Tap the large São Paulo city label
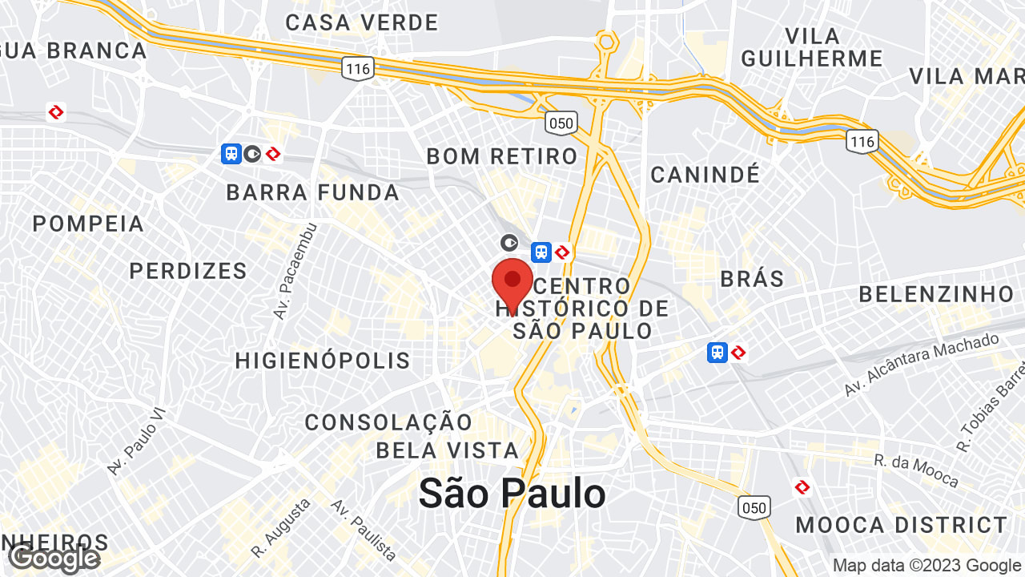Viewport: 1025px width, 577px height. pyautogui.click(x=512, y=493)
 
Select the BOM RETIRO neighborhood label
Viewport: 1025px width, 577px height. pyautogui.click(x=502, y=156)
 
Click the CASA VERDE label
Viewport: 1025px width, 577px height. pyautogui.click(x=362, y=22)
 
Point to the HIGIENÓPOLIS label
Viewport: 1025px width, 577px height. pyautogui.click(x=323, y=361)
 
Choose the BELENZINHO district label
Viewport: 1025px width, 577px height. pyautogui.click(x=937, y=294)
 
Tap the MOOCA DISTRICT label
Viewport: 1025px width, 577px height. pyautogui.click(x=902, y=526)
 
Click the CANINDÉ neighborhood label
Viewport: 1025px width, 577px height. pyautogui.click(x=705, y=175)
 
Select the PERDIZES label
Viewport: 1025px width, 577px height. pyautogui.click(x=188, y=271)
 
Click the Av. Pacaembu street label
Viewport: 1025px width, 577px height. pyautogui.click(x=295, y=272)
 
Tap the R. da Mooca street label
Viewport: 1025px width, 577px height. pyautogui.click(x=916, y=471)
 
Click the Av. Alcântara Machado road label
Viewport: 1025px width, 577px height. pyautogui.click(x=921, y=365)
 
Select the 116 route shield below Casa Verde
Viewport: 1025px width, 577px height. pyautogui.click(x=358, y=68)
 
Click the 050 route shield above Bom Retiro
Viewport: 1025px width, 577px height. pyautogui.click(x=561, y=123)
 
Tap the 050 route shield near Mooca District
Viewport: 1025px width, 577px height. pyautogui.click(x=754, y=507)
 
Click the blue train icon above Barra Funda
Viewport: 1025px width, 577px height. pyautogui.click(x=231, y=153)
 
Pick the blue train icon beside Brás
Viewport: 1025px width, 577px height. pyautogui.click(x=717, y=352)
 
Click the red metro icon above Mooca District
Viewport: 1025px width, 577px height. pyautogui.click(x=802, y=486)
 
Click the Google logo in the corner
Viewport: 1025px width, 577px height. pyautogui.click(x=54, y=559)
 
